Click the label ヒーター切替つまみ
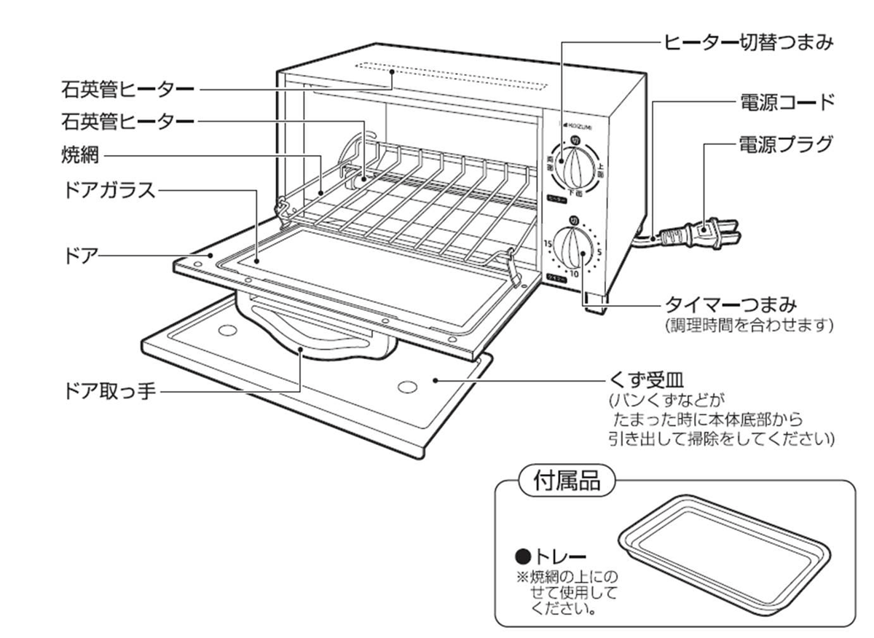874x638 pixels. pos(747,43)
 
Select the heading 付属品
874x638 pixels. pos(567,482)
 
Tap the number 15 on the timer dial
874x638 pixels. pos(548,243)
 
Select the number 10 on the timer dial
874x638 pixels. pos(574,274)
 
